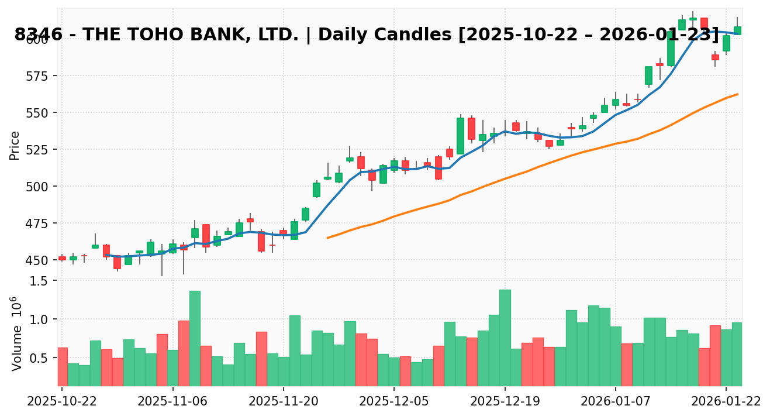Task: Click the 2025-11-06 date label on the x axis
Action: [x=172, y=403]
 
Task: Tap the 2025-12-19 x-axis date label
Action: [x=505, y=403]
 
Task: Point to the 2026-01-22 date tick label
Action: [x=726, y=403]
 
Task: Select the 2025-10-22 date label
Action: [x=62, y=403]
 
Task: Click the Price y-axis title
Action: [x=15, y=145]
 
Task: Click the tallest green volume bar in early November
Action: [x=195, y=338]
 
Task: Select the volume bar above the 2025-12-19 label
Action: [x=505, y=338]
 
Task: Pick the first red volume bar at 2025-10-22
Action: [x=62, y=366]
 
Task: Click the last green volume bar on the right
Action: [x=737, y=354]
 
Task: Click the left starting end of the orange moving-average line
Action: [x=327, y=238]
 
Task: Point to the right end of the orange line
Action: [x=737, y=94]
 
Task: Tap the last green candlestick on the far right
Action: [x=737, y=30]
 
